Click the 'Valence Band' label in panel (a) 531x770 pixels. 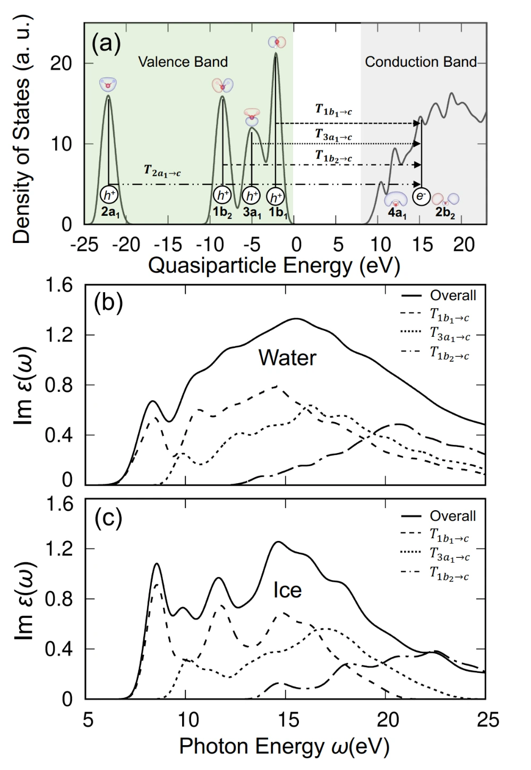[183, 62]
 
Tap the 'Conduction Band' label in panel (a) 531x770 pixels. [421, 62]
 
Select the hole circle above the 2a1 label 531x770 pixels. [109, 195]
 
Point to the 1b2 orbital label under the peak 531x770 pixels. [222, 214]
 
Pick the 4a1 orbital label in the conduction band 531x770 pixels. [396, 215]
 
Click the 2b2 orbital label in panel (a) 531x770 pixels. [445, 215]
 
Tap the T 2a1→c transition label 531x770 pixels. [162, 171]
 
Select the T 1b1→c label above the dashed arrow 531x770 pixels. [333, 110]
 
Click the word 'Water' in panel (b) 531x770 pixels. [287, 358]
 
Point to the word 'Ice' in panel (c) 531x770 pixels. [287, 590]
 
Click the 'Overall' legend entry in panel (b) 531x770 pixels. [452, 295]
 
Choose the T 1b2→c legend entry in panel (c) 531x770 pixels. [449, 574]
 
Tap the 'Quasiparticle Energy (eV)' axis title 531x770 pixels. [273, 265]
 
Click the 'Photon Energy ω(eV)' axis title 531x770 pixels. [285, 746]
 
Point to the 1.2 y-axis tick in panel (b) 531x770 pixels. [59, 335]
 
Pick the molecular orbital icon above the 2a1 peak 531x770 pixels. [108, 84]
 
